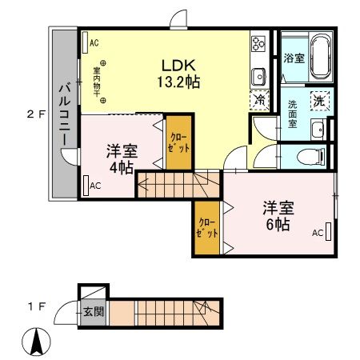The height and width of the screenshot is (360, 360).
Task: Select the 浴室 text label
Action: [x=293, y=58]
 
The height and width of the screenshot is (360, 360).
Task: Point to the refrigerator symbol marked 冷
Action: [x=261, y=101]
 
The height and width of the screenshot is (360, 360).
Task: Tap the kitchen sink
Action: [x=259, y=76]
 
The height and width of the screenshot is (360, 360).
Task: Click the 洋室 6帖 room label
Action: [x=278, y=216]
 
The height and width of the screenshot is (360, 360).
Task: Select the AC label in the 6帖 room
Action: [x=317, y=234]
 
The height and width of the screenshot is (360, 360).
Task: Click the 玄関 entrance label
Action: [x=93, y=310]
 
